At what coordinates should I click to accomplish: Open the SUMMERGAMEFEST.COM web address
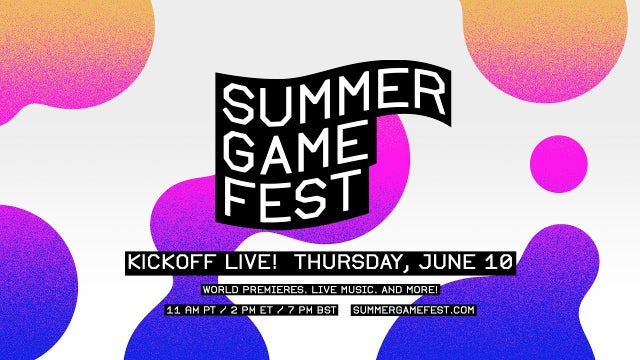coord(414,311)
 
